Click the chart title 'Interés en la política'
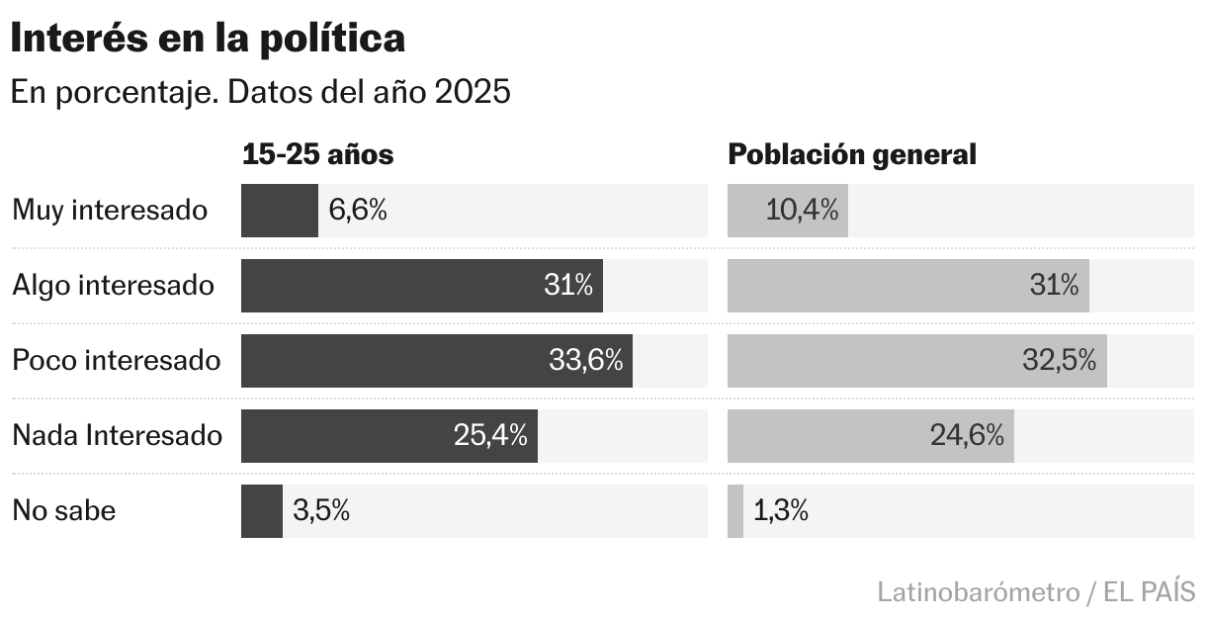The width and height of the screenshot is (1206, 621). click(x=208, y=39)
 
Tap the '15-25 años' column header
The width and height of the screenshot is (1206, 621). click(x=317, y=155)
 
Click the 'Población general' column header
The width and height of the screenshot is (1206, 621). click(x=852, y=155)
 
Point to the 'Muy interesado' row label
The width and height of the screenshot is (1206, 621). click(x=110, y=211)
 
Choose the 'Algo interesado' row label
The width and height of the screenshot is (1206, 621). click(x=113, y=286)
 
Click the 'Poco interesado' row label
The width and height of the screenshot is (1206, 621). click(x=116, y=361)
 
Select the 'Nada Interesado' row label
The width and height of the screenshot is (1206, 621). click(x=117, y=435)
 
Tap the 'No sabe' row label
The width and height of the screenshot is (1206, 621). click(x=63, y=511)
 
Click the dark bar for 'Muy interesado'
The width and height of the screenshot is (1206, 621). click(x=279, y=211)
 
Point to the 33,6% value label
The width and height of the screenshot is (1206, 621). click(x=585, y=361)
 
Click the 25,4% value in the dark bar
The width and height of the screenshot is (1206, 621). click(x=490, y=435)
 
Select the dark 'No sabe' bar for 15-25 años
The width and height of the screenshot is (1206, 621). click(x=261, y=511)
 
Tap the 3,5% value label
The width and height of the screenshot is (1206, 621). click(x=321, y=511)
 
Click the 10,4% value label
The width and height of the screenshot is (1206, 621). click(x=802, y=211)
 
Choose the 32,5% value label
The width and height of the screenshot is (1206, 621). click(x=1059, y=361)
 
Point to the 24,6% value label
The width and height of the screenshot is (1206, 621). click(x=967, y=435)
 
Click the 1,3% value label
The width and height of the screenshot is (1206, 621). click(x=781, y=511)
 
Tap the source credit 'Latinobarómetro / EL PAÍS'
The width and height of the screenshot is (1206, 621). click(x=1036, y=592)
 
